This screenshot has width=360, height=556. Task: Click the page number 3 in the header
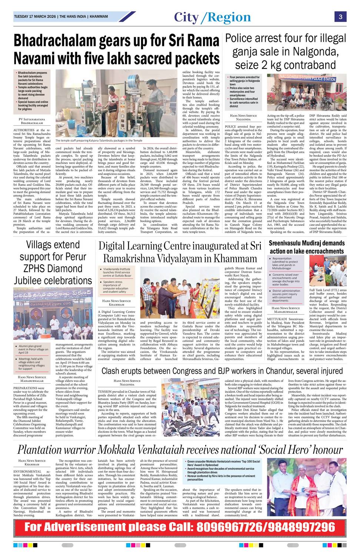[x=340, y=17]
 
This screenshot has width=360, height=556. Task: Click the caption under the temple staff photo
[x=99, y=141]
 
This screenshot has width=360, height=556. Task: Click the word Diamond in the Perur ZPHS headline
[x=64, y=268]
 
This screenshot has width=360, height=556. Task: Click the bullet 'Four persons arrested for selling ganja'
[x=244, y=80]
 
